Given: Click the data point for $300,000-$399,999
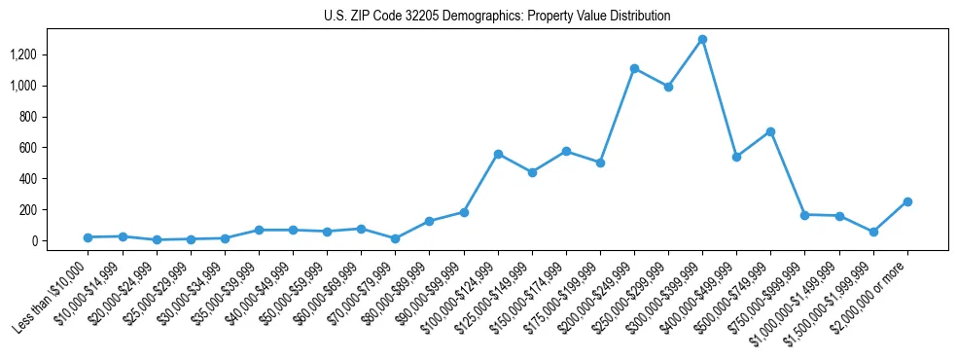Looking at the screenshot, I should click(x=702, y=40).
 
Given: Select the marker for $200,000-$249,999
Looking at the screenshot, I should click(x=634, y=68).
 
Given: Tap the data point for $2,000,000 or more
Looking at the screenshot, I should click(x=907, y=201).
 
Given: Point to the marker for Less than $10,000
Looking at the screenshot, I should click(x=88, y=237).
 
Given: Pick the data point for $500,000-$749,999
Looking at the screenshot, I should click(x=770, y=131).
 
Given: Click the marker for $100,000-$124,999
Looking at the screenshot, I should click(x=498, y=154).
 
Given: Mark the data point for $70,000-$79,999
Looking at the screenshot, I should click(x=395, y=238).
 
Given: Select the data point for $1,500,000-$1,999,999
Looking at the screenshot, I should click(x=873, y=232).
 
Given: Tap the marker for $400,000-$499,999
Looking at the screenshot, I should click(x=736, y=157).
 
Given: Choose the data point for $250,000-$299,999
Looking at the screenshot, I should click(x=668, y=87).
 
